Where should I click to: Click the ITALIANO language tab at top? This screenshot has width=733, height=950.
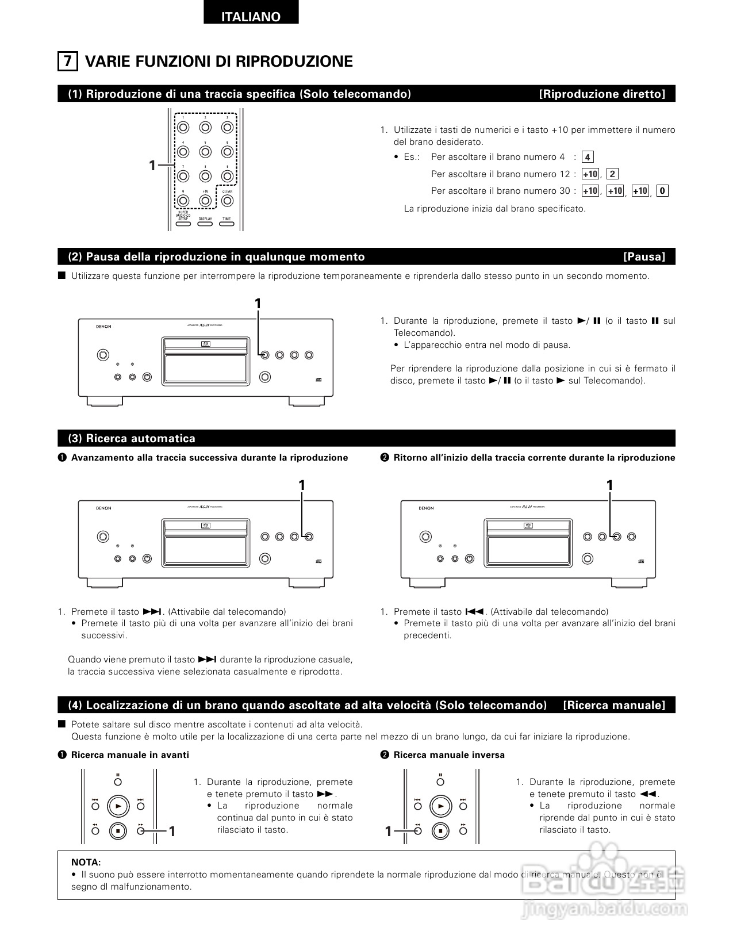click(x=251, y=16)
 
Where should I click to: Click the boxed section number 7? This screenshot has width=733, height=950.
click(x=67, y=61)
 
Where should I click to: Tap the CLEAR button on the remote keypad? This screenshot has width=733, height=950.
click(x=227, y=201)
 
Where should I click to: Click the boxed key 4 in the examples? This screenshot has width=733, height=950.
click(x=587, y=157)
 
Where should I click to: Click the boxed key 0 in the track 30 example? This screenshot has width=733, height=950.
click(x=662, y=191)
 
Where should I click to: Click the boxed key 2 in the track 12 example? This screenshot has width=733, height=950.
click(x=612, y=174)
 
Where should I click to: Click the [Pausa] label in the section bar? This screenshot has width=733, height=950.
click(x=644, y=256)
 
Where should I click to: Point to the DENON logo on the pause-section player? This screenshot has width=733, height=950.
click(x=103, y=327)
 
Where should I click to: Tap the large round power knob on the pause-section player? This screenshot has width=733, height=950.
click(x=102, y=355)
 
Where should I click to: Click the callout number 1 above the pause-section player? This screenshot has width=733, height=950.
click(x=258, y=304)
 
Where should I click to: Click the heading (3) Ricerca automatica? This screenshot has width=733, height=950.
click(x=132, y=438)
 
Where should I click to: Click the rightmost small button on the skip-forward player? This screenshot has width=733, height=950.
click(x=309, y=537)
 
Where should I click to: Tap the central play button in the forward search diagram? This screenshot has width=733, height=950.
click(x=118, y=806)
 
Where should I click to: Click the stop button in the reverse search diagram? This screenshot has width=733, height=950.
click(x=440, y=830)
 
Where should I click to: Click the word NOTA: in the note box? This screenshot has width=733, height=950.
click(x=86, y=862)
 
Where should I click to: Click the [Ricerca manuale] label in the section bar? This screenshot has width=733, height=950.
click(x=614, y=705)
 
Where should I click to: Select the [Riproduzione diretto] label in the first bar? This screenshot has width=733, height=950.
click(x=602, y=94)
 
